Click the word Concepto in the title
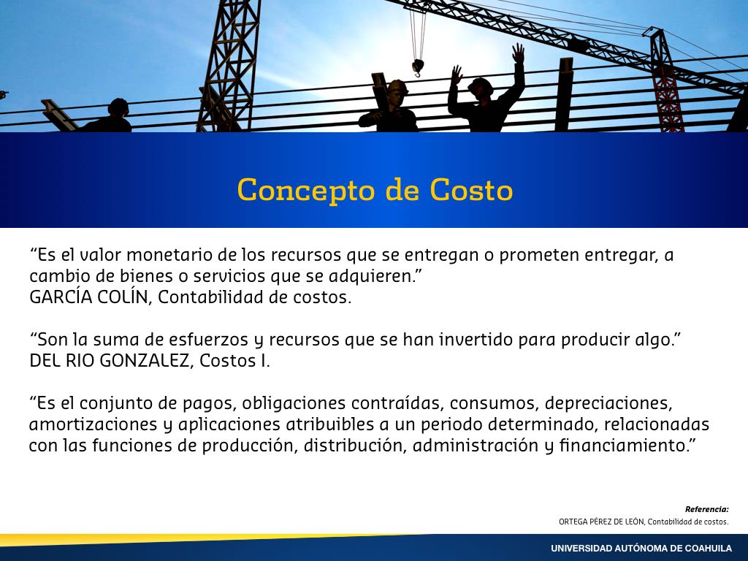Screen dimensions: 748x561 (x=306, y=191)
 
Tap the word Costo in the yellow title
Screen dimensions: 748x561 (x=471, y=189)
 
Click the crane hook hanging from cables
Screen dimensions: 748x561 (x=418, y=67)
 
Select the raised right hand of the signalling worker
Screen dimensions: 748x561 (x=519, y=53)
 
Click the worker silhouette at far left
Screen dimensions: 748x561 (x=107, y=116)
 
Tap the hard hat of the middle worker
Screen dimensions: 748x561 (x=397, y=86)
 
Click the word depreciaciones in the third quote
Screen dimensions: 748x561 (x=608, y=404)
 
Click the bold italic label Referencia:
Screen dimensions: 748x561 (x=706, y=509)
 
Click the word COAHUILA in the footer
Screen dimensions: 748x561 (x=709, y=549)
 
